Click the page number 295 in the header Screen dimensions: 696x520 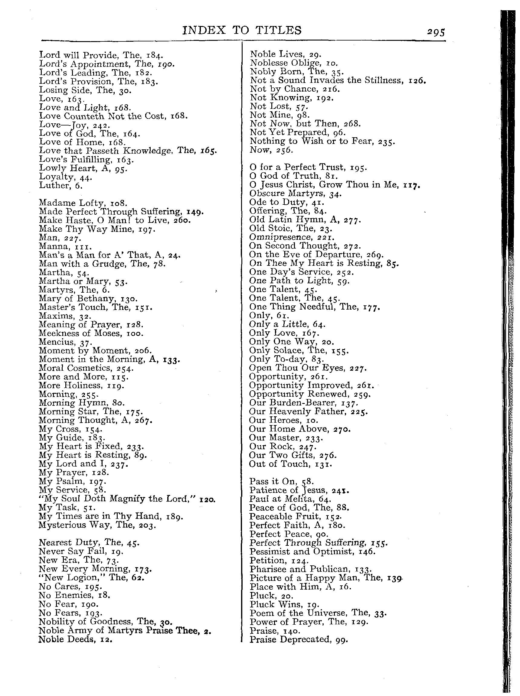436,32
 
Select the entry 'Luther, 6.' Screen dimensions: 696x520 61,186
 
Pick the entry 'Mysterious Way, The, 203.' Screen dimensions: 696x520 97,525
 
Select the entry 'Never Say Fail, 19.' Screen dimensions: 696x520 81,551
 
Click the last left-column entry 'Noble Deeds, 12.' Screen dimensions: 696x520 75,639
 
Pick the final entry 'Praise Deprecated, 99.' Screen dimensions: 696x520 299,639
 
